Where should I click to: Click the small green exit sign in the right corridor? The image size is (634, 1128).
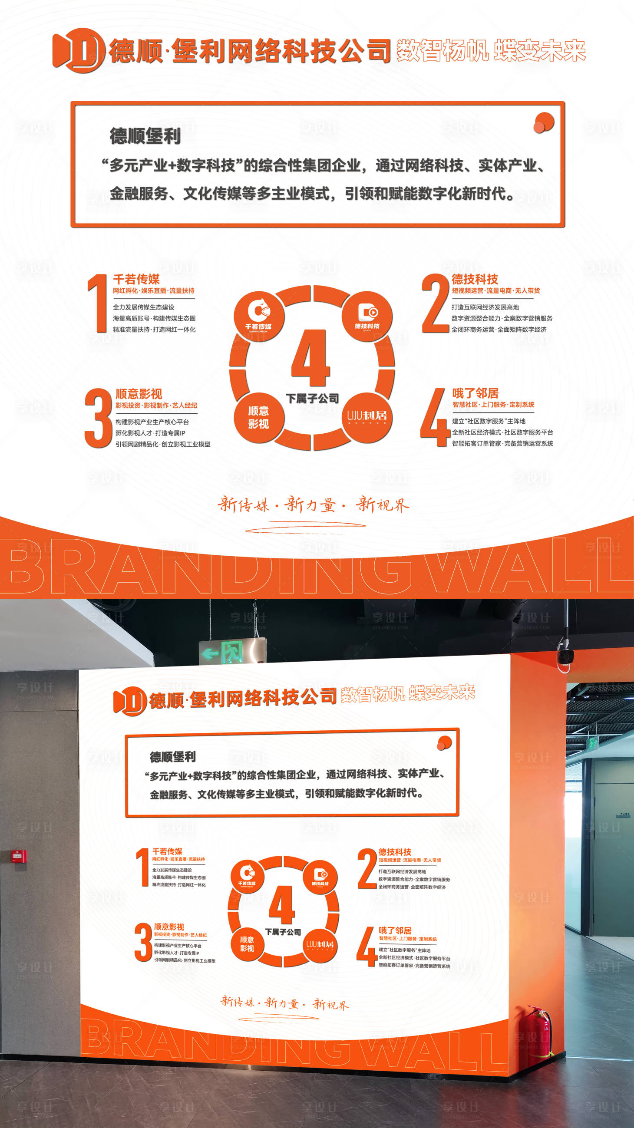[x=592, y=742]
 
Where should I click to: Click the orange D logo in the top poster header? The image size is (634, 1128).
[x=79, y=50]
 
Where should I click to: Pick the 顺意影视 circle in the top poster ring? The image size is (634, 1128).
[x=259, y=417]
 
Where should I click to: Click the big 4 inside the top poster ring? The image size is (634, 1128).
[x=311, y=358]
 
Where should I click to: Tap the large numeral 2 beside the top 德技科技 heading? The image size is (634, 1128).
[x=435, y=303]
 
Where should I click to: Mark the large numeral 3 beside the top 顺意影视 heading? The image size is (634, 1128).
[x=98, y=418]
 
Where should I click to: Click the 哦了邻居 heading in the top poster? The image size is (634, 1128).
[x=475, y=393]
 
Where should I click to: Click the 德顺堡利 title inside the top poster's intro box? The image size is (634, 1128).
[x=145, y=136]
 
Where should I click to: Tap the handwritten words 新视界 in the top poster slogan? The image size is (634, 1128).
[x=382, y=505]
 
